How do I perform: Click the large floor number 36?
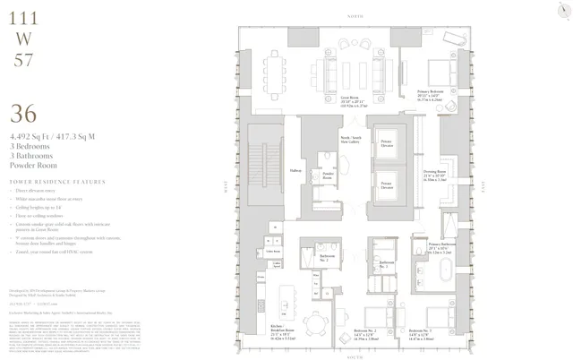click(x=24, y=116)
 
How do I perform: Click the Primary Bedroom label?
click(x=432, y=94)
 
